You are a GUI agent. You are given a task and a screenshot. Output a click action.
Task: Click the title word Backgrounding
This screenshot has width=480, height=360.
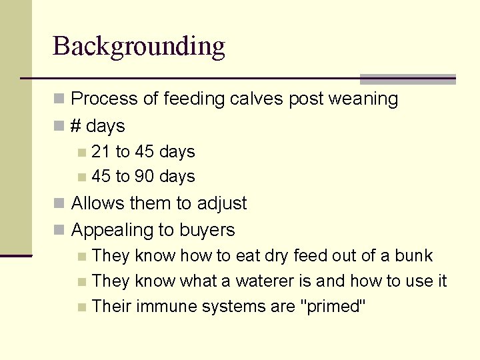click(x=139, y=47)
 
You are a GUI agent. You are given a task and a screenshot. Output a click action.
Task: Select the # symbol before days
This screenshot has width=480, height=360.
click(x=77, y=125)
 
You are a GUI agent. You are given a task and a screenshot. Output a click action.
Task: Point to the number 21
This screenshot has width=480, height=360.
click(x=101, y=152)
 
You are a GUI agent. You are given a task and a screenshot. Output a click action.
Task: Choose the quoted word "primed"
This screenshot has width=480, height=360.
click(x=334, y=307)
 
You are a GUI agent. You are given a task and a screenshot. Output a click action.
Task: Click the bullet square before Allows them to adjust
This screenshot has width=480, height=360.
click(x=60, y=204)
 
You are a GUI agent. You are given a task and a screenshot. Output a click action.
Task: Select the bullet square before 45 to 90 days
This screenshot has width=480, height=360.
click(x=81, y=177)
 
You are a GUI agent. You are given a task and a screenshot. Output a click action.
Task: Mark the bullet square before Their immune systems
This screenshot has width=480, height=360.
click(x=81, y=307)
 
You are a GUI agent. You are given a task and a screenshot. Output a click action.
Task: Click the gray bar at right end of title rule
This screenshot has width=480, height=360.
click(x=407, y=79)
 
